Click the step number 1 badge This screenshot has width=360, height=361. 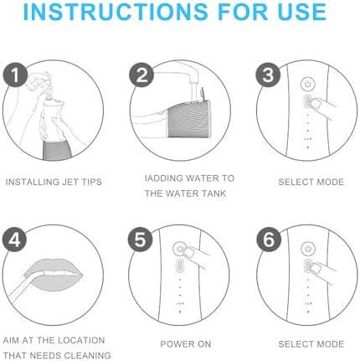(15, 75)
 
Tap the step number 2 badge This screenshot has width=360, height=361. (141, 75)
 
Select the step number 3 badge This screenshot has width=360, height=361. (268, 75)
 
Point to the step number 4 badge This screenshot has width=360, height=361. (15, 240)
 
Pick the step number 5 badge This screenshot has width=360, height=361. (141, 240)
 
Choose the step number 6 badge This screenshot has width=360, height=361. (269, 240)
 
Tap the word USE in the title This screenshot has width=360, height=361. (302, 12)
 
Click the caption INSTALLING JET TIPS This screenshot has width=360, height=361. (54, 182)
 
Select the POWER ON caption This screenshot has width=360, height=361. (186, 344)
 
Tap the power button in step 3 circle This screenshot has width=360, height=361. (308, 84)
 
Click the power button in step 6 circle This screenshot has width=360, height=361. (308, 249)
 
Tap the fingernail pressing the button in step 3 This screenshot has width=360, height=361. (316, 105)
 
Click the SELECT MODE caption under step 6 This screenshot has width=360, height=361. (311, 344)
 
